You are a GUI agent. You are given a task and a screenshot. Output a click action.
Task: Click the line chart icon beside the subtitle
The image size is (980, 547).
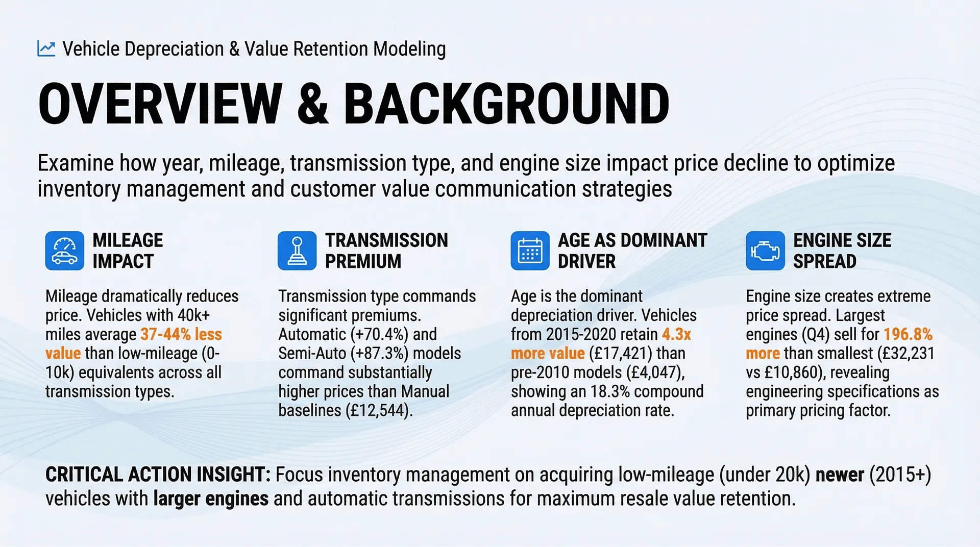(46, 48)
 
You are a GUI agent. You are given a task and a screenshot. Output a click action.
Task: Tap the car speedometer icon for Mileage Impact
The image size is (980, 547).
(65, 251)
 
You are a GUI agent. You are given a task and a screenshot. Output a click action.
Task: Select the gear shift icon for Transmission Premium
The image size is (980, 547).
(297, 251)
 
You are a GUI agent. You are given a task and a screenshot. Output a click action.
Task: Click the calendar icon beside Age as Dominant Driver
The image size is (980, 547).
(530, 251)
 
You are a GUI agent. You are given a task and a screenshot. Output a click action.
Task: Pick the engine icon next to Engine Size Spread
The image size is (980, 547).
(765, 251)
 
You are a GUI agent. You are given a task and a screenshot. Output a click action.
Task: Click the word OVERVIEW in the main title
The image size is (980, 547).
(160, 104)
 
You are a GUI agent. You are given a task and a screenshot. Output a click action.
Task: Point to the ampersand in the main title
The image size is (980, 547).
(313, 104)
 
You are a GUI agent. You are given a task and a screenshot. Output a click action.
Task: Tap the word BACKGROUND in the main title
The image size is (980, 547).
(506, 104)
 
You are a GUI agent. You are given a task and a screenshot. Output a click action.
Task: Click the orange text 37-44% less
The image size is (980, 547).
(181, 334)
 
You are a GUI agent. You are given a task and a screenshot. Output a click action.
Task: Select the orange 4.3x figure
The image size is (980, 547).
(677, 334)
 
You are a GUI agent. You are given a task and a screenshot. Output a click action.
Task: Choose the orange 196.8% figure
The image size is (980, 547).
(908, 334)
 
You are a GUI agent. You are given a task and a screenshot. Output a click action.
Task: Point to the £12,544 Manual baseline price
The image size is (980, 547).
(378, 410)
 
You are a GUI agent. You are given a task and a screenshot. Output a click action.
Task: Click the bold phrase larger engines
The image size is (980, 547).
(211, 499)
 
